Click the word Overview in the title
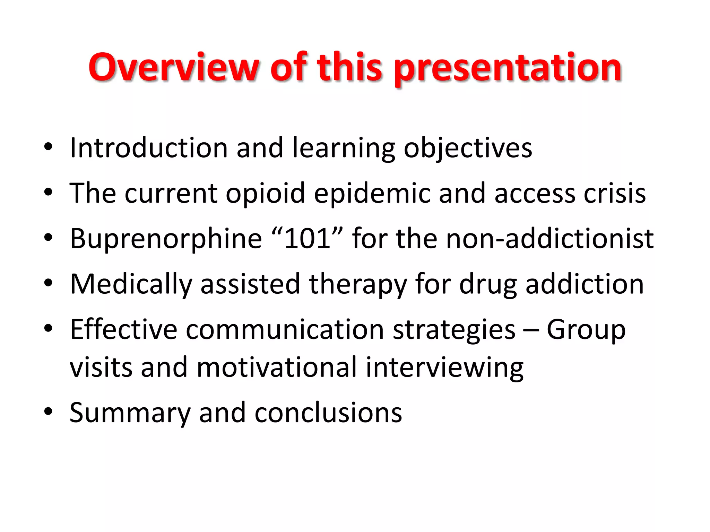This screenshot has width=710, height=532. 174,67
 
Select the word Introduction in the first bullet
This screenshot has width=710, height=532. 148,148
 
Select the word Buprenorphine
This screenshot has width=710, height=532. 166,239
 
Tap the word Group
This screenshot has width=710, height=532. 586,330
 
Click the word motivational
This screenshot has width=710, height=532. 276,367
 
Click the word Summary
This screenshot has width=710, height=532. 130,413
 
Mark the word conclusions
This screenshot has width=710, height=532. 328,413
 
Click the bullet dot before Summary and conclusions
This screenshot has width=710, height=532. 48,411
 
